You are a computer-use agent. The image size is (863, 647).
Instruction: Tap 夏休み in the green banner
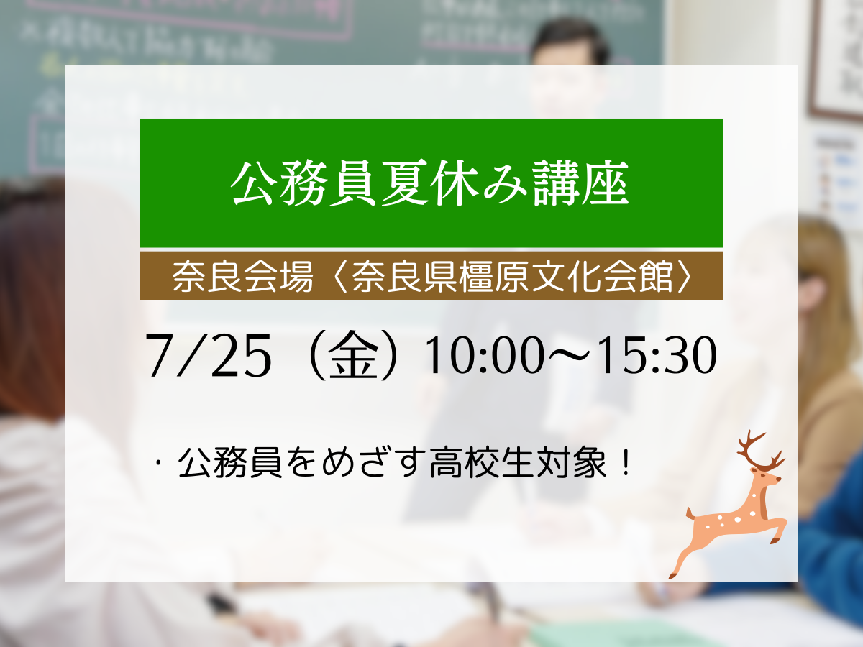click(454, 183)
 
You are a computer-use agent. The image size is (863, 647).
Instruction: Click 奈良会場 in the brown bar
click(242, 277)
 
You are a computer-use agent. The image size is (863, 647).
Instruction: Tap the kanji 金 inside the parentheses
click(350, 356)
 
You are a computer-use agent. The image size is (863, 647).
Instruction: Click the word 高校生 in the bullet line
click(483, 463)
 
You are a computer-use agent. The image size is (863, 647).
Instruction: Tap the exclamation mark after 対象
click(625, 462)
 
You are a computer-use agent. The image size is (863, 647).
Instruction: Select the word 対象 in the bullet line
click(572, 463)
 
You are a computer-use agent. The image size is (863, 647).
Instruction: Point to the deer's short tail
click(690, 513)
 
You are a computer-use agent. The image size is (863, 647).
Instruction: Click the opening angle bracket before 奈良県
click(340, 277)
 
